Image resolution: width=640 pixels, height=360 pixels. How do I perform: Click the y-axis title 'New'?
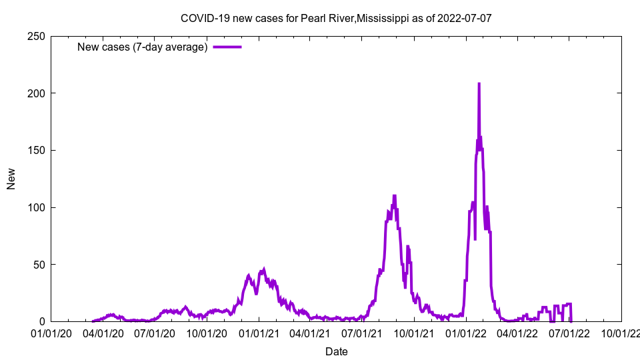[x=11, y=179]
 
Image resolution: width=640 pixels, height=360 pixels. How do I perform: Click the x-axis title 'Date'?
[x=336, y=351]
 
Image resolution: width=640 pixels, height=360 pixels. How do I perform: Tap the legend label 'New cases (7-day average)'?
[x=142, y=47]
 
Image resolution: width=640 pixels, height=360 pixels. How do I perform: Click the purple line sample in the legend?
[x=227, y=47]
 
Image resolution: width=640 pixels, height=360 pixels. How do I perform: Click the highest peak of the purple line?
[x=479, y=84]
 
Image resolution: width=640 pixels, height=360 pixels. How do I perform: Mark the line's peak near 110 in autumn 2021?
[x=395, y=196]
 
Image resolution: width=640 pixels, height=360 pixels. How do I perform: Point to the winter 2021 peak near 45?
[x=264, y=269]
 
